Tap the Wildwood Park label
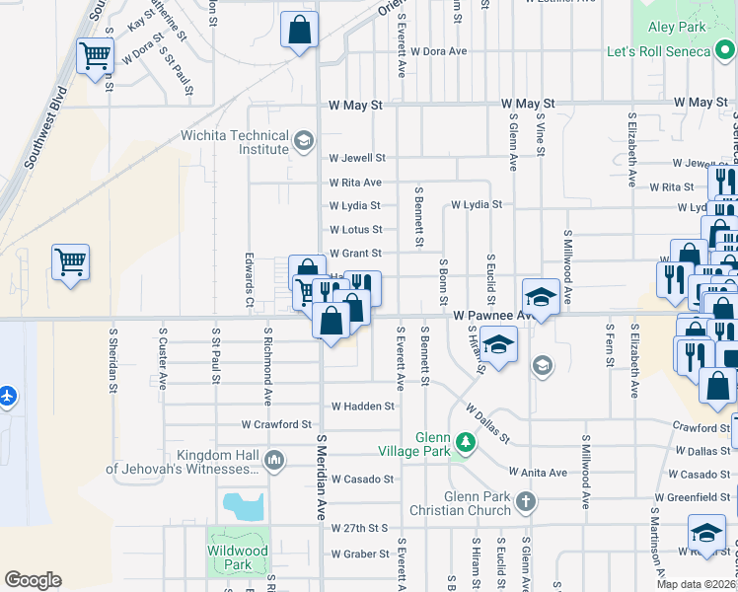[237, 557]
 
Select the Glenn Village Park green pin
[462, 443]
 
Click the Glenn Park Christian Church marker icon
[526, 501]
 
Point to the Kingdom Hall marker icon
[274, 460]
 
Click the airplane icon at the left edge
[9, 396]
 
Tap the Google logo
[33, 580]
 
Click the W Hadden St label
[362, 406]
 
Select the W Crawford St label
[276, 424]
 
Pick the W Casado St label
[362, 479]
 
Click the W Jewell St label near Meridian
[356, 158]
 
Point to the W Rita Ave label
[355, 183]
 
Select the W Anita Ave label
[537, 473]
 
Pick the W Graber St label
[360, 554]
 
